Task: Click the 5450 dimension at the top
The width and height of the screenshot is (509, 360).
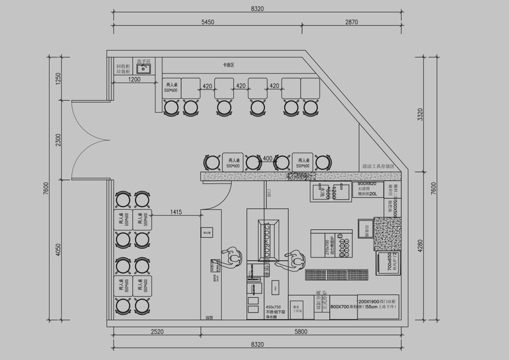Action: (207, 22)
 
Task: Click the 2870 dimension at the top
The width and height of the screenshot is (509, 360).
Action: (351, 22)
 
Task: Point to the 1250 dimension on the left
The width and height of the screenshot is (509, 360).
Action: (58, 79)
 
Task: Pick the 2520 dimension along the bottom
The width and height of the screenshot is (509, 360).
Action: (158, 331)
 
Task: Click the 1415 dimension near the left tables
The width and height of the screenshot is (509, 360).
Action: (176, 212)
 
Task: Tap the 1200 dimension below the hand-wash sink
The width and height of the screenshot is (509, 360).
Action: (134, 79)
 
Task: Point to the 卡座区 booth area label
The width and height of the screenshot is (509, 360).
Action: (228, 64)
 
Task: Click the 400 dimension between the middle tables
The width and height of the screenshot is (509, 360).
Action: (267, 157)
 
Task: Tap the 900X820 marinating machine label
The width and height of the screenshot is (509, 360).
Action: (366, 184)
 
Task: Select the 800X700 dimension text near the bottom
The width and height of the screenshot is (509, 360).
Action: (340, 306)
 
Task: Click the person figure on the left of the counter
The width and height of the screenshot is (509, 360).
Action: (228, 257)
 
